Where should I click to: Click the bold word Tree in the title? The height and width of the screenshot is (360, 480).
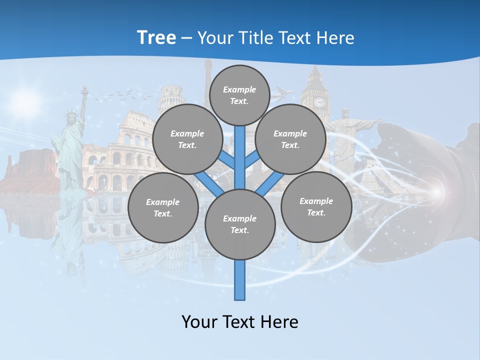click(156, 37)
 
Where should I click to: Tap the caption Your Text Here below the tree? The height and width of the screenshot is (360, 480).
click(240, 322)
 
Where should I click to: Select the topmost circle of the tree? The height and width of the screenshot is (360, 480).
click(239, 95)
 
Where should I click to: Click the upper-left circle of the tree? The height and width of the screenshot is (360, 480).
click(187, 139)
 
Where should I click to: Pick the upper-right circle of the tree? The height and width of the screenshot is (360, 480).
click(290, 139)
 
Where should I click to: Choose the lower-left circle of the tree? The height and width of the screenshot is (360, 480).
click(163, 208)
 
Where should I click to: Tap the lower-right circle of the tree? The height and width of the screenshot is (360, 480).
click(316, 207)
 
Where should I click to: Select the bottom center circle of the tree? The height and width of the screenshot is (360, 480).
click(240, 224)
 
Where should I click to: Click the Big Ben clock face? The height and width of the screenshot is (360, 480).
click(319, 102)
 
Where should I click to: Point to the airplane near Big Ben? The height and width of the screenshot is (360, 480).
click(283, 92)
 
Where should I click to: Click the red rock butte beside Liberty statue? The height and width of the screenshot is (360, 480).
click(27, 170)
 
